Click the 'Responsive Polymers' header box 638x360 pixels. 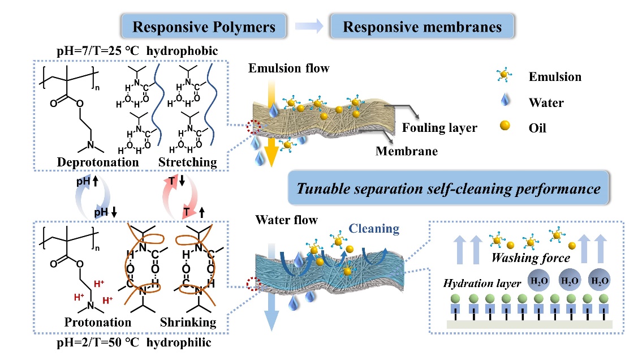point(200,27)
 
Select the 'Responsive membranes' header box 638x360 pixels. point(423,27)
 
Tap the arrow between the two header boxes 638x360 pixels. point(311,27)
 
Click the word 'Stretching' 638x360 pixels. point(188,162)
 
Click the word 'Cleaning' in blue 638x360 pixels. point(373,229)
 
